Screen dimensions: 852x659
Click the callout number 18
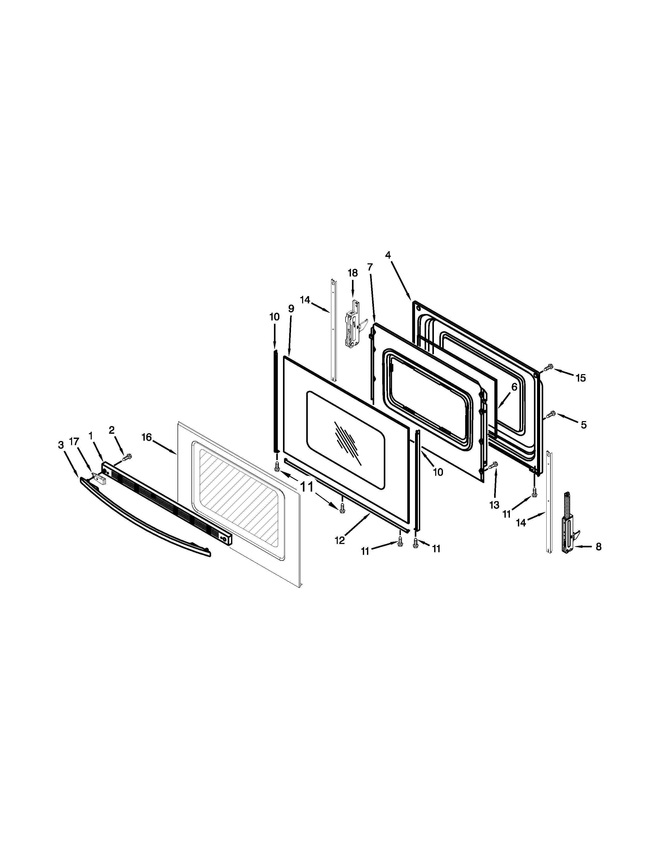353,273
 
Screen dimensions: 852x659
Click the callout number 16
146,437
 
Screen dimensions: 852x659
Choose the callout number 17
74,441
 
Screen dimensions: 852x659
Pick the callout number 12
340,541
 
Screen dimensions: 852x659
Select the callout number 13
494,505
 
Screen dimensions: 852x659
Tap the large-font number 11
307,487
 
